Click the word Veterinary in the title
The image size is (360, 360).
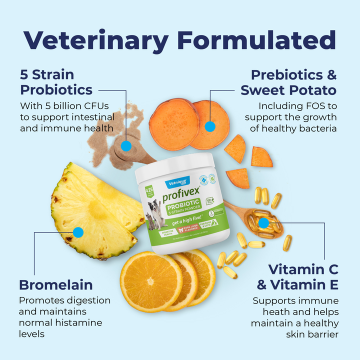pyautogui.click(x=95, y=40)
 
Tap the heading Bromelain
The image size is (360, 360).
pyautogui.click(x=56, y=284)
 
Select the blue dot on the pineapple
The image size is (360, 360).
pyautogui.click(x=78, y=232)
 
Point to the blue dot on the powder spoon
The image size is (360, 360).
pyautogui.click(x=126, y=146)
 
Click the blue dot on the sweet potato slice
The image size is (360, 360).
pyautogui.click(x=210, y=126)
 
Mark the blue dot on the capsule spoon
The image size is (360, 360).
pyautogui.click(x=263, y=223)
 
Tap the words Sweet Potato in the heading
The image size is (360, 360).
pyautogui.click(x=288, y=90)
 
